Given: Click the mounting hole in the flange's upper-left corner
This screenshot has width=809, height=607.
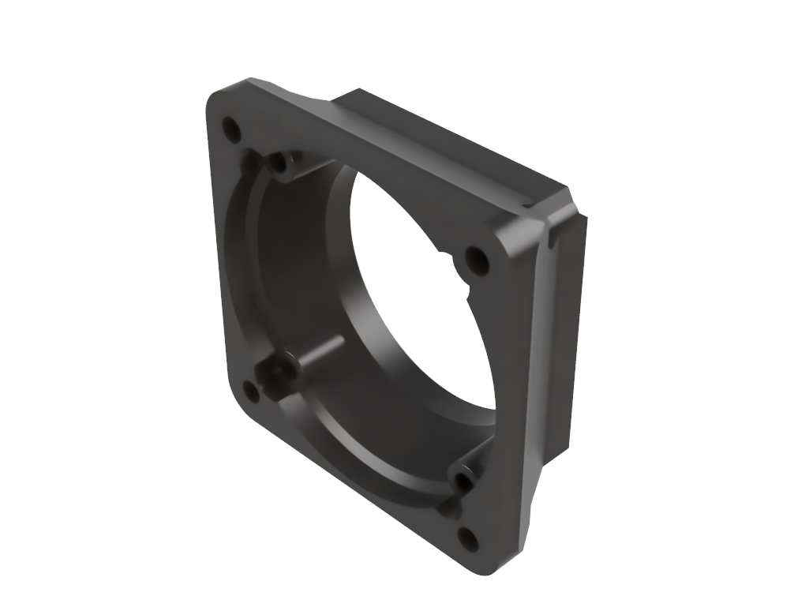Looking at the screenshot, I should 232,129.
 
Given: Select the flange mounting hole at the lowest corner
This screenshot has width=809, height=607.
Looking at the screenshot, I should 467,539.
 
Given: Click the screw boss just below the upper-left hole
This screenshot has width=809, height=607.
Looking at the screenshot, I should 279,164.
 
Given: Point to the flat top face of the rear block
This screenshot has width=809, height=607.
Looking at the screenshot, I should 450,138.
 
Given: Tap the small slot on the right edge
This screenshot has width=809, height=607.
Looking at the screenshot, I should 559,234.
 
